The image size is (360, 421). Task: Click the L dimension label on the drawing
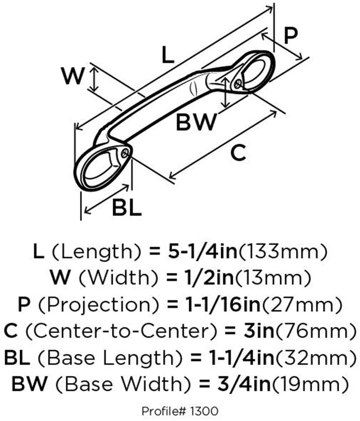click(168, 55)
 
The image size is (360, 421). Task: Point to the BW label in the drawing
click(197, 123)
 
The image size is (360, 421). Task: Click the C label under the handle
click(238, 152)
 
